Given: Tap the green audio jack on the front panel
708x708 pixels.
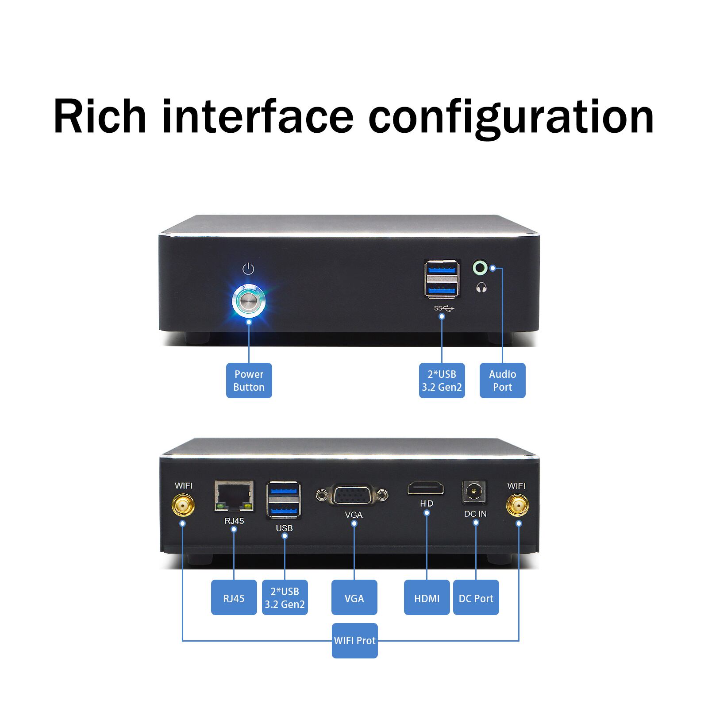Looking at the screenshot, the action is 480,268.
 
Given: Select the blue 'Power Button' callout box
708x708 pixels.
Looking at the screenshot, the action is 249,381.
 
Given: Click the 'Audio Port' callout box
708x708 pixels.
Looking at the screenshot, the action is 502,381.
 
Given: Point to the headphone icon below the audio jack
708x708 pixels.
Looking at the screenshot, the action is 481,288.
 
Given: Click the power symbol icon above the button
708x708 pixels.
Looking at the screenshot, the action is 248,269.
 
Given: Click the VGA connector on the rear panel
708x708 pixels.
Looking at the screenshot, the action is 352,495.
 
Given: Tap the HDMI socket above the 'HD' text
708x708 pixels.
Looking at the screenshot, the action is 426,489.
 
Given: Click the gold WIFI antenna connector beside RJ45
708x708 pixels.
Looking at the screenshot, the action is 183,506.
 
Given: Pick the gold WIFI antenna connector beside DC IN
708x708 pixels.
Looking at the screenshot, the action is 517,506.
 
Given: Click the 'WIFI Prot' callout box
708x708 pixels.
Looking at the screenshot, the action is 354,640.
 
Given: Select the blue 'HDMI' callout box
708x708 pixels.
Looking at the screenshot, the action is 427,598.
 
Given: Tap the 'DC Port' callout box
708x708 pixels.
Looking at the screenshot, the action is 476,598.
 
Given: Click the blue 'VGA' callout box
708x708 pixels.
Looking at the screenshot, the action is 354,598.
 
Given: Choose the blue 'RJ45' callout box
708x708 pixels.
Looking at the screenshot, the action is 234,598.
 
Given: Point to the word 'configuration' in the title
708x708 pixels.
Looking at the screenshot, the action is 511,117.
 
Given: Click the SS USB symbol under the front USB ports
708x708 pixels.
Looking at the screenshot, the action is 444,308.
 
